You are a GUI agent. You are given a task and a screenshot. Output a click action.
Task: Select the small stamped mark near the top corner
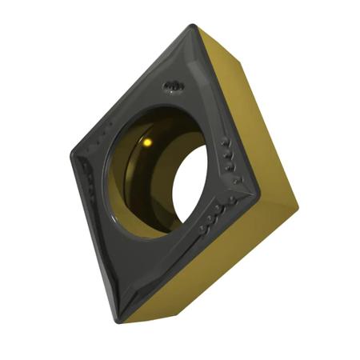(172, 86)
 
